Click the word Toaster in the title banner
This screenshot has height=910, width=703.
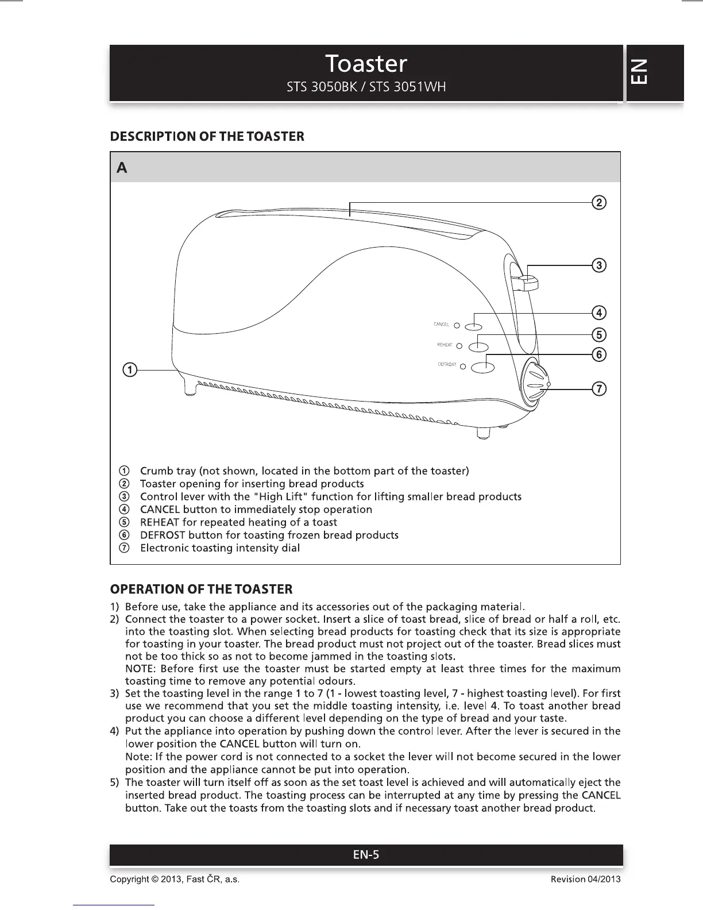pyautogui.click(x=366, y=63)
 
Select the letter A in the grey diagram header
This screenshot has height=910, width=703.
pyautogui.click(x=122, y=168)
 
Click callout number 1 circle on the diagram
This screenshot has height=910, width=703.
pyautogui.click(x=130, y=369)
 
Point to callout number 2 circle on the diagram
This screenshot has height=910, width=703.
pyautogui.click(x=598, y=202)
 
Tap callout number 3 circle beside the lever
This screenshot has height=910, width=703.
pyautogui.click(x=598, y=265)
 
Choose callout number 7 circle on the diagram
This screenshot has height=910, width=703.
pyautogui.click(x=598, y=389)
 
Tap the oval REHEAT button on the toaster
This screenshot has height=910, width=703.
pyautogui.click(x=478, y=346)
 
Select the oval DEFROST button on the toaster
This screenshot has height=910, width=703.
pyautogui.click(x=482, y=367)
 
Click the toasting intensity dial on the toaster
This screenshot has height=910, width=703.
pyautogui.click(x=535, y=384)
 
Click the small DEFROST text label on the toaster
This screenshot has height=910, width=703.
pyautogui.click(x=447, y=364)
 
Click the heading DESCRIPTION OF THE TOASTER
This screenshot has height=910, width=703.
pyautogui.click(x=207, y=137)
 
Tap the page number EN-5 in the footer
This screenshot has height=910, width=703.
pyautogui.click(x=366, y=855)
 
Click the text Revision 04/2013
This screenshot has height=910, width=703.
pyautogui.click(x=585, y=880)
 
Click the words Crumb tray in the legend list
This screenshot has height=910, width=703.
pyautogui.click(x=168, y=471)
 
